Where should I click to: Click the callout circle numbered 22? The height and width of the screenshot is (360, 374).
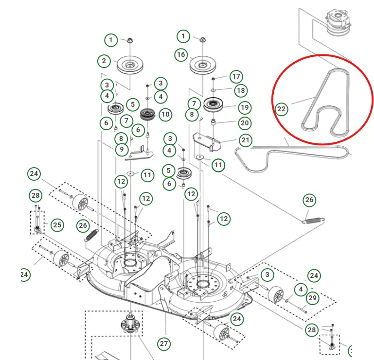click(282, 109)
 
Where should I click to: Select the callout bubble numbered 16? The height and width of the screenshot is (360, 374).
click(181, 55)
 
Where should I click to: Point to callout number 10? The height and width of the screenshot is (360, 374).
click(165, 114)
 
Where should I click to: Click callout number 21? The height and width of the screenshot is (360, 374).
click(246, 141)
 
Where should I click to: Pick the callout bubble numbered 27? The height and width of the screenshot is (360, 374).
click(164, 344)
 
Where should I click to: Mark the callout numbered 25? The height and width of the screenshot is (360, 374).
click(57, 225)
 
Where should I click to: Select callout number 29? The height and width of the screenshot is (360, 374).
click(312, 297)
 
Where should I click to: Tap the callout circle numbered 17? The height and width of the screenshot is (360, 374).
click(236, 76)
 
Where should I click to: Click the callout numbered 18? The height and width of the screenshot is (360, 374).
click(240, 90)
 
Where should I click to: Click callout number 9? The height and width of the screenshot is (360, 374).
click(122, 150)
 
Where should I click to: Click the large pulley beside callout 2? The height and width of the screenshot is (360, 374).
click(130, 65)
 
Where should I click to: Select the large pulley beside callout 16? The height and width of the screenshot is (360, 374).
click(203, 65)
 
